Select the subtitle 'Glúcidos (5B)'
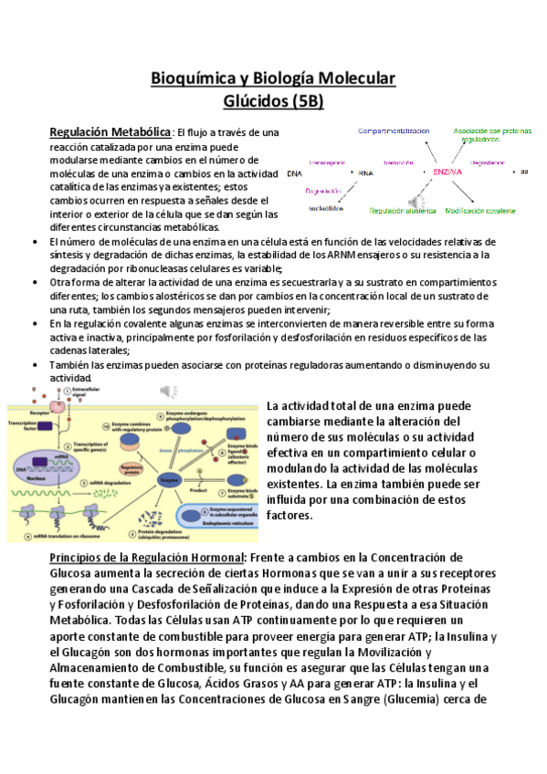coord(273,101)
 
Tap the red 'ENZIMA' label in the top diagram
coord(447,172)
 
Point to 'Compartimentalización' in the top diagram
coord(394,131)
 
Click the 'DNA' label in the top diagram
coord(293,173)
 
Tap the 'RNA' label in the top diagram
coord(365,173)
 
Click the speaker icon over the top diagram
coord(416,201)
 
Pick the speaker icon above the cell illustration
coord(168,390)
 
